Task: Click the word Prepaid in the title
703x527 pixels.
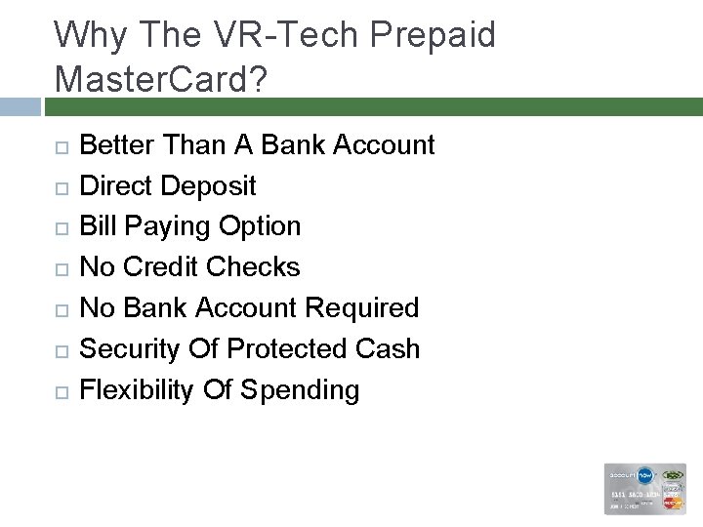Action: tap(434, 35)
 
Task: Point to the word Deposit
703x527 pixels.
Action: tap(211, 185)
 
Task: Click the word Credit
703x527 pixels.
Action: tap(166, 266)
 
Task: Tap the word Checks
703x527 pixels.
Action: tap(255, 266)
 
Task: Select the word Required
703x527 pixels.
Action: tap(362, 308)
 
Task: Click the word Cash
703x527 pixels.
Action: tap(389, 348)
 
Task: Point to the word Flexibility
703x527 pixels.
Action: tap(137, 390)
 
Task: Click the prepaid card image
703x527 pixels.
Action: tap(645, 488)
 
